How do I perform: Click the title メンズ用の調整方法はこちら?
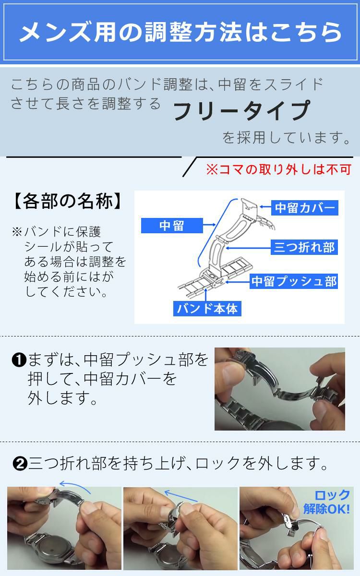[180, 32]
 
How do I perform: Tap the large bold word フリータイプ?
[241, 111]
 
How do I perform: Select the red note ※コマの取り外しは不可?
[278, 169]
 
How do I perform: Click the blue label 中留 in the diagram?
[171, 225]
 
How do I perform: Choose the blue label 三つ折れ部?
[303, 247]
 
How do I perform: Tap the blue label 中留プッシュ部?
[294, 281]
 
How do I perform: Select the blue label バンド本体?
[207, 308]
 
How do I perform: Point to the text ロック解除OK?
[326, 502]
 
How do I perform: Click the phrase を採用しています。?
[286, 138]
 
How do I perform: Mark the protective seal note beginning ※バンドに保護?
[70, 262]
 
